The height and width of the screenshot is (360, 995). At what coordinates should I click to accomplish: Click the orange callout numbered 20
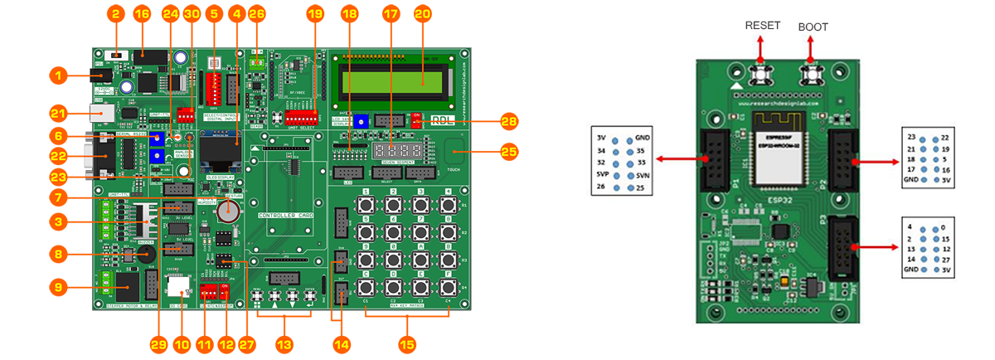click(x=422, y=13)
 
